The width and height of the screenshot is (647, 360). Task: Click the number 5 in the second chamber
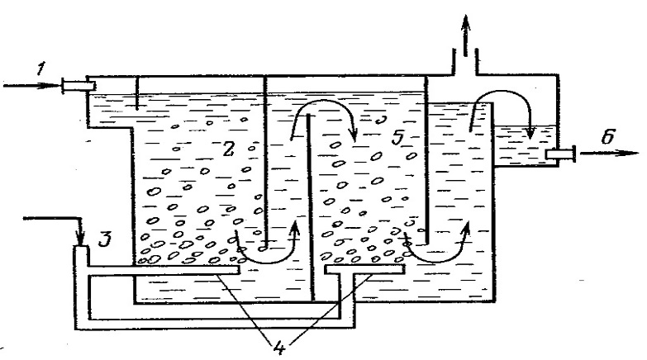(397, 139)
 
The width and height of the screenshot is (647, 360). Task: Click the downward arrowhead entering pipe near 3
(81, 238)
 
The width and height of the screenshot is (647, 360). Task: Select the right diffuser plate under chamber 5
(364, 268)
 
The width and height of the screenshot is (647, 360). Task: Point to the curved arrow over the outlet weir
(504, 103)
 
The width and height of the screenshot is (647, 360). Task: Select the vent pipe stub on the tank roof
(467, 62)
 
